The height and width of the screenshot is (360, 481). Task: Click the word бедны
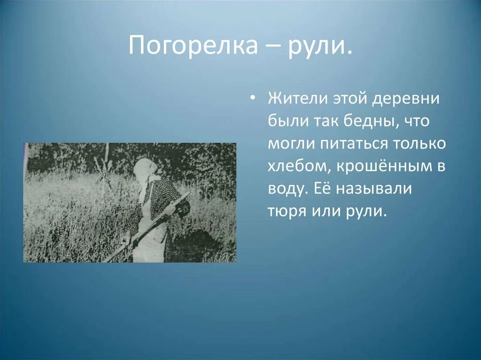coord(363,122)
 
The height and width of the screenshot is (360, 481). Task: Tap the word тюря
coord(287,211)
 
